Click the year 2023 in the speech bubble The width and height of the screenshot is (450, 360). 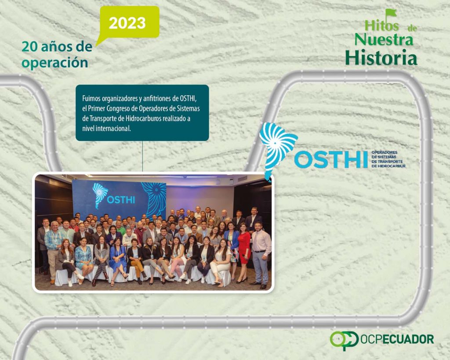(x=127, y=23)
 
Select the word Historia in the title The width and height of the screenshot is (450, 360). (x=381, y=58)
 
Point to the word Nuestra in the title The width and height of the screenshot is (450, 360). (x=384, y=40)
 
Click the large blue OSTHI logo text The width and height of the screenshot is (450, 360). (x=330, y=159)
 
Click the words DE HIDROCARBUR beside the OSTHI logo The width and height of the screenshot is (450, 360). (x=388, y=166)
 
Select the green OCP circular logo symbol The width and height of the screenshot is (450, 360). (x=344, y=340)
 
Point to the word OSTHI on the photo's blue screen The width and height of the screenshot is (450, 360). (x=121, y=200)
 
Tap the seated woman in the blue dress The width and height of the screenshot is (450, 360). (x=118, y=260)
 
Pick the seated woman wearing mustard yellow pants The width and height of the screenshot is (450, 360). (x=136, y=261)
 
